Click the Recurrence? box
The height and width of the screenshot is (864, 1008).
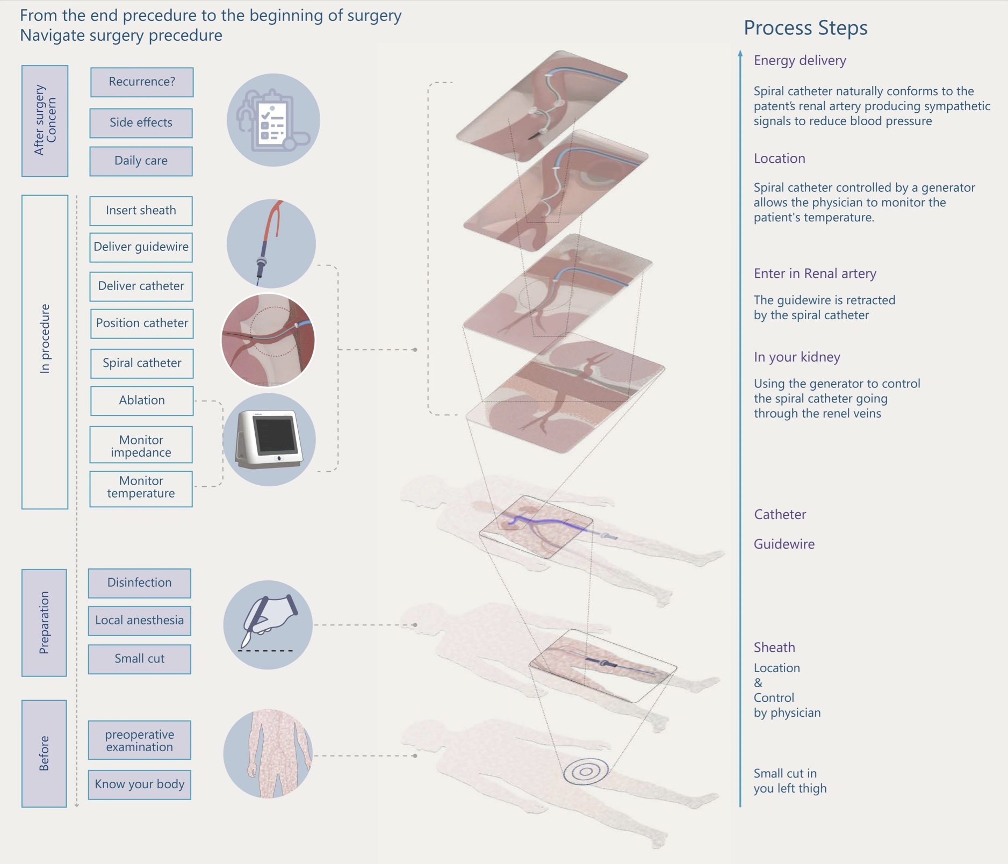coord(142,82)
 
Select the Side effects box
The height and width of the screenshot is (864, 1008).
coord(141,123)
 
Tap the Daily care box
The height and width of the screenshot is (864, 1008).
coord(141,161)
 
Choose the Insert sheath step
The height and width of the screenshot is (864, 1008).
coord(141,211)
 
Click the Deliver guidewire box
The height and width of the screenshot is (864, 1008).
coord(141,247)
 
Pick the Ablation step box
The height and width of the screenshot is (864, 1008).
coord(142,401)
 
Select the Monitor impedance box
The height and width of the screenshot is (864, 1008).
coord(141,445)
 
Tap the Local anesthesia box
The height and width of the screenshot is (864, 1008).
coord(139,621)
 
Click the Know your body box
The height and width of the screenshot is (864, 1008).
coord(139,784)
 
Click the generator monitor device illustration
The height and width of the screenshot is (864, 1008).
coord(269,440)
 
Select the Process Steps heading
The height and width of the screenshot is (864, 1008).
coord(805,27)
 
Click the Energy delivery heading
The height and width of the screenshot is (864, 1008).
coord(800,60)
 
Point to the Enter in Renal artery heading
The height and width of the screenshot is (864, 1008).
coord(815,273)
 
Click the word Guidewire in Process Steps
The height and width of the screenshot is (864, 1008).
coord(784,544)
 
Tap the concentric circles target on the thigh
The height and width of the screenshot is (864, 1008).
coord(586,772)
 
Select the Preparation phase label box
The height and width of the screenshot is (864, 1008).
coord(44,623)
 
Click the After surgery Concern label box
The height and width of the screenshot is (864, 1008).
coord(45,121)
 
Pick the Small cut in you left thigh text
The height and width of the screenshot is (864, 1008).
coord(790,781)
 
